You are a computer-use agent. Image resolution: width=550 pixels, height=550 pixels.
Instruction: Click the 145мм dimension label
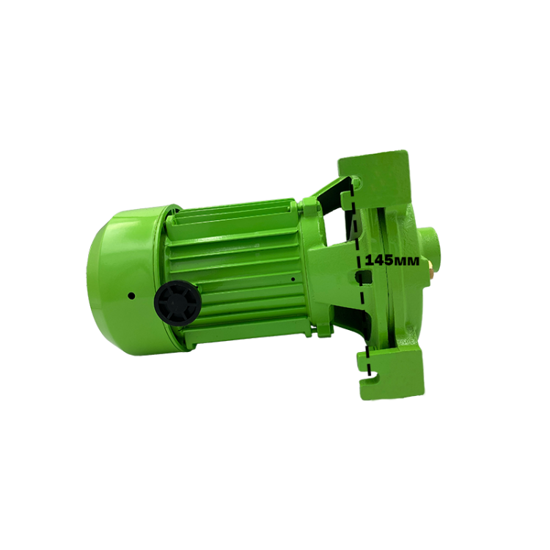pos(392,260)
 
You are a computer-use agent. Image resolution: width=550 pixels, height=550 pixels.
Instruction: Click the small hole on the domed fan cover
pos(131,296)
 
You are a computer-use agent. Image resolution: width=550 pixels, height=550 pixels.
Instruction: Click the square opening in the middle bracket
pos(363,276)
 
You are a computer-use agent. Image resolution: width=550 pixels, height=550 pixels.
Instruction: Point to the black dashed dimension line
pos(361,281)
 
